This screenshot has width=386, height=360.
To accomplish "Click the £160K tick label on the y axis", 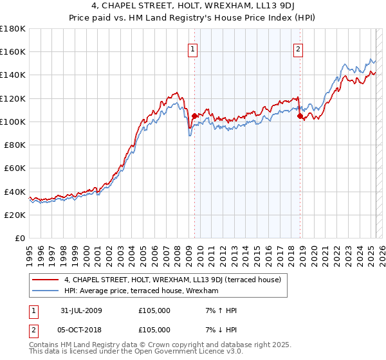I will pyautogui.click(x=14, y=51).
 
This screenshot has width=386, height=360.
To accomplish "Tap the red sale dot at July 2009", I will pyautogui.click(x=194, y=116).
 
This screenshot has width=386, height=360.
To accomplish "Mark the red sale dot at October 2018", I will pyautogui.click(x=299, y=116).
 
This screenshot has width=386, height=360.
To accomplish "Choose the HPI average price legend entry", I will pyautogui.click(x=142, y=291).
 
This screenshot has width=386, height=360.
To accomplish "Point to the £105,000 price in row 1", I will pyautogui.click(x=154, y=310).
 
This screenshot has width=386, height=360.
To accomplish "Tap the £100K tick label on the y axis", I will pyautogui.click(x=14, y=122).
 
